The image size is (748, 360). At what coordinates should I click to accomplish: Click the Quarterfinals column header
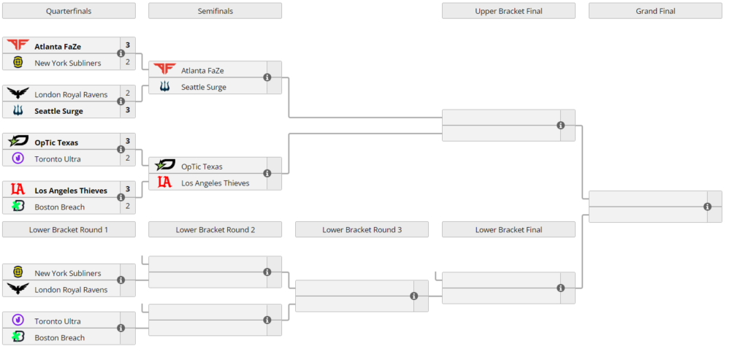pyautogui.click(x=69, y=11)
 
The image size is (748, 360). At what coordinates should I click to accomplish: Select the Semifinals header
pyautogui.click(x=215, y=11)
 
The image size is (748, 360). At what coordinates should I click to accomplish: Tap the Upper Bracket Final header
pyautogui.click(x=508, y=11)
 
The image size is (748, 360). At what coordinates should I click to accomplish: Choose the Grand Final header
pyautogui.click(x=654, y=11)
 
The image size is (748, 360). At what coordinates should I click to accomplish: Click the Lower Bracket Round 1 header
pyautogui.click(x=69, y=229)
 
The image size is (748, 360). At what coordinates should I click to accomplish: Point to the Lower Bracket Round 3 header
pyautogui.click(x=362, y=229)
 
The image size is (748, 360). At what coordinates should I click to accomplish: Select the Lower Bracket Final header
pyautogui.click(x=508, y=229)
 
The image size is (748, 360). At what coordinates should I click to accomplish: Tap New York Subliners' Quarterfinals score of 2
pyautogui.click(x=128, y=62)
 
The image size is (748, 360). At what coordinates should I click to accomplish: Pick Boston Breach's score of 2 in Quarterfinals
pyautogui.click(x=128, y=207)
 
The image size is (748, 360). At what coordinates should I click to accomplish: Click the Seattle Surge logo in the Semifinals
pyautogui.click(x=164, y=87)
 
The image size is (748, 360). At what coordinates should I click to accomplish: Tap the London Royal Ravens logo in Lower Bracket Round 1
pyautogui.click(x=18, y=289)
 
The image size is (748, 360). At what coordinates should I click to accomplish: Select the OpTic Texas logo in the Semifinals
pyautogui.click(x=164, y=166)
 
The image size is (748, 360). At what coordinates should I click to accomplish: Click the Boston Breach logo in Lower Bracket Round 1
pyautogui.click(x=18, y=337)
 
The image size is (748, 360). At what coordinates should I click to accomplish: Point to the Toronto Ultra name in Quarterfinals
pyautogui.click(x=58, y=158)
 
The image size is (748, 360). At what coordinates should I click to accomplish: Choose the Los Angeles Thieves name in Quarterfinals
pyautogui.click(x=71, y=191)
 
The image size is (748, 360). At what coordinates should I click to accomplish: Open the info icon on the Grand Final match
pyautogui.click(x=707, y=207)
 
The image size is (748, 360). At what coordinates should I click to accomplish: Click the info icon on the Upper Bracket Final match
pyautogui.click(x=560, y=126)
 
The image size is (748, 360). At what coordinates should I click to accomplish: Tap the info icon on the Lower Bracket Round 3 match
pyautogui.click(x=413, y=296)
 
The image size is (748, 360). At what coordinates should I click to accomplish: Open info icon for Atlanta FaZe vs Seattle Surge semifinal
pyautogui.click(x=267, y=77)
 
